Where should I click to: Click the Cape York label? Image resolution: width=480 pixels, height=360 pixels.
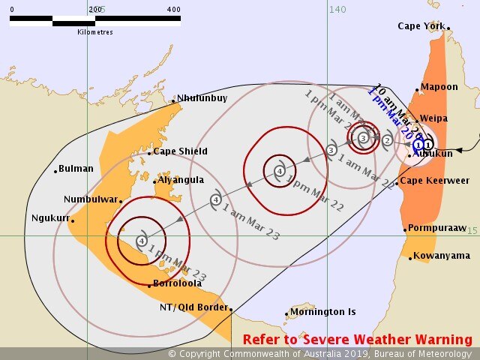click(x=421, y=25)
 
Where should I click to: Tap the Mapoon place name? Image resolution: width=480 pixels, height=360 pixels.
click(x=439, y=87)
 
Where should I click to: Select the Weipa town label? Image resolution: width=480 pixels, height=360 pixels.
click(x=434, y=118)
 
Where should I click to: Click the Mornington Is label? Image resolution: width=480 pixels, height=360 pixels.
click(x=324, y=312)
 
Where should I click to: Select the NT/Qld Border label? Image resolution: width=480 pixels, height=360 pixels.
click(x=193, y=308)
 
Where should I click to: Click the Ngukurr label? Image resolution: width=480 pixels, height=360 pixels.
click(x=49, y=218)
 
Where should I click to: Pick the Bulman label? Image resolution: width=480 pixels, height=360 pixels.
click(x=76, y=169)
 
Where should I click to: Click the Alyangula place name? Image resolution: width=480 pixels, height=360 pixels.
click(x=182, y=181)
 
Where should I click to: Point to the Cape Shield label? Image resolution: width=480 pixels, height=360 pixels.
click(x=180, y=151)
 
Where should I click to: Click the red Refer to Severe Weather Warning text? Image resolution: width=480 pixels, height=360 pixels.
click(x=357, y=340)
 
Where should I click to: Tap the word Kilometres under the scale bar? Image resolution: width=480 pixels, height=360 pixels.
click(x=95, y=32)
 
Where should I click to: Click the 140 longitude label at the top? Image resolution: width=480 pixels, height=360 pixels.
click(x=337, y=8)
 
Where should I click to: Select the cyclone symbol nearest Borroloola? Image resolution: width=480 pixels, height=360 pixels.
click(x=142, y=241)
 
